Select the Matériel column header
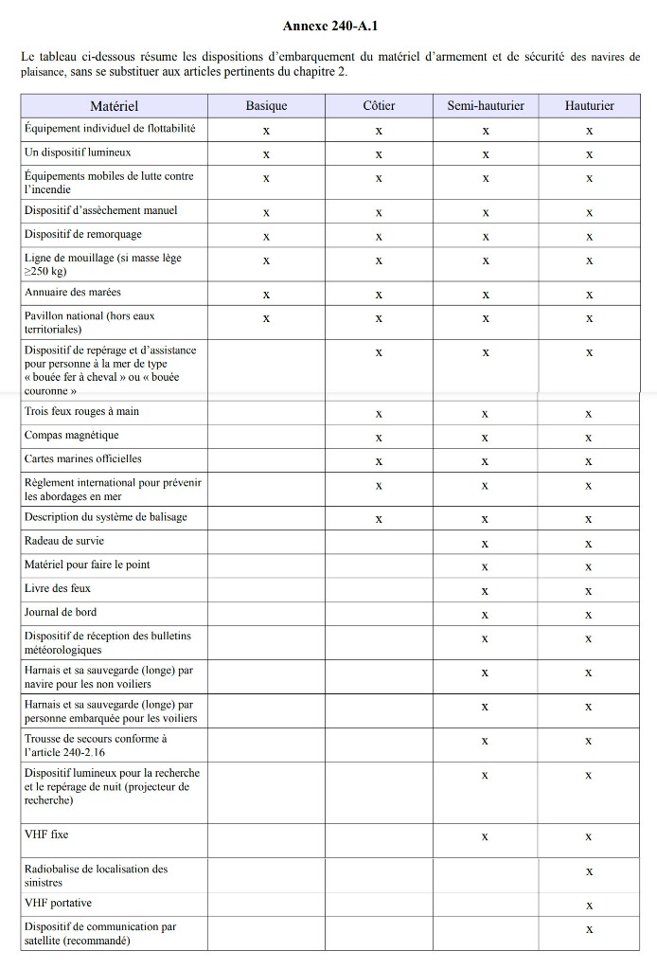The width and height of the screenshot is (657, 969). point(115,106)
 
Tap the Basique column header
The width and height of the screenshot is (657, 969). point(266,106)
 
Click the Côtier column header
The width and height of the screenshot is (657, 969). point(379,106)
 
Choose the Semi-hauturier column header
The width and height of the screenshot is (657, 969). point(485,106)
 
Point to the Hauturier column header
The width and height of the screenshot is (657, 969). point(589,106)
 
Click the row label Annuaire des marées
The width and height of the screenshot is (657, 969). point(73,293)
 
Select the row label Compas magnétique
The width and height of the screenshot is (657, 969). point(72,436)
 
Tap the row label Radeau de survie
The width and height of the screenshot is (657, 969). point(64,541)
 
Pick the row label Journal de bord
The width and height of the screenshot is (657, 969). point(61,613)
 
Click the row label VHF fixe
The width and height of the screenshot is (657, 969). point(46,835)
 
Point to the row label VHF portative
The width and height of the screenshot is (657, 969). point(58,904)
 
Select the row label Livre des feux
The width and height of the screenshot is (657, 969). point(58,589)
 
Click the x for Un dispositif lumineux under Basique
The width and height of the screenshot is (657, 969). point(266,153)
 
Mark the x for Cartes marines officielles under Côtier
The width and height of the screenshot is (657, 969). point(379,461)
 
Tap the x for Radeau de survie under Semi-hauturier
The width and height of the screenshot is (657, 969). point(485,544)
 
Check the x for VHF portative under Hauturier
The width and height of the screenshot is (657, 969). point(589,906)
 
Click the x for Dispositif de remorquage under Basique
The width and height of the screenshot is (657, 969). point(266,236)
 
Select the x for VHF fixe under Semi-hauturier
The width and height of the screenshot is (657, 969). point(485,837)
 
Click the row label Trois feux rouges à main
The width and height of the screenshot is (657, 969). point(81,412)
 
